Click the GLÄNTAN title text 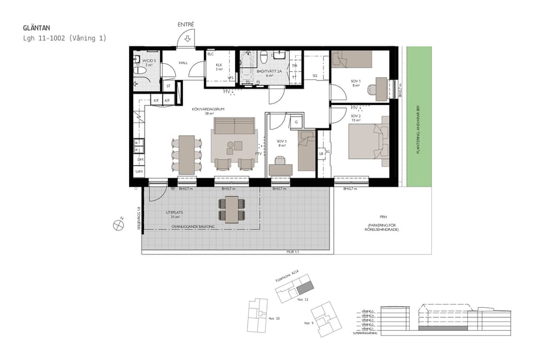click(36, 27)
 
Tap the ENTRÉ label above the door click(185, 25)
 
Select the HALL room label click(183, 62)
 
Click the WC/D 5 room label click(149, 61)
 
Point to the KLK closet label click(219, 65)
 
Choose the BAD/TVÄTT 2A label click(270, 71)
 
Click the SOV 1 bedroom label click(356, 81)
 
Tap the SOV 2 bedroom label click(356, 116)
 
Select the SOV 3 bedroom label click(282, 142)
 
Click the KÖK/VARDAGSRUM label click(209, 109)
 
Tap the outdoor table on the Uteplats click(232, 208)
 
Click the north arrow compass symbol click(118, 226)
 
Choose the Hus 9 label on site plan click(308, 323)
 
